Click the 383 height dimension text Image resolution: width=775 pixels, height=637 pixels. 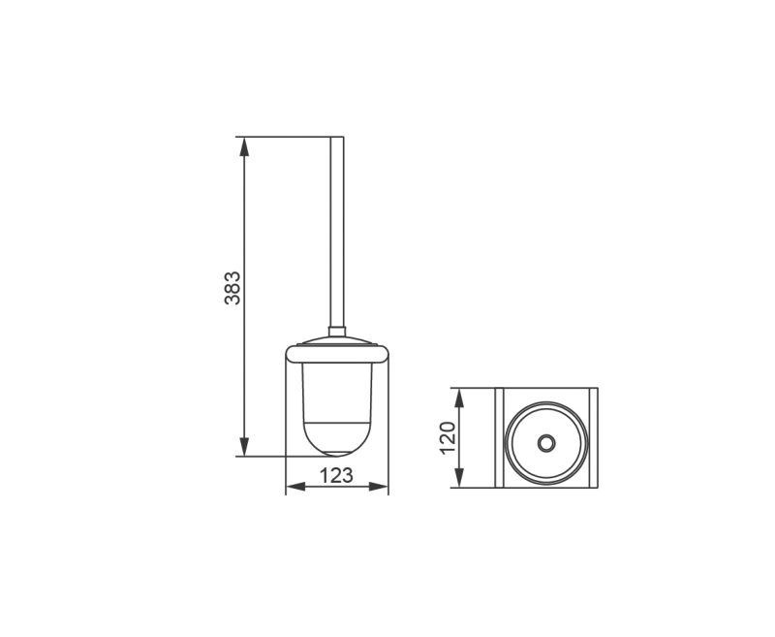point(232,288)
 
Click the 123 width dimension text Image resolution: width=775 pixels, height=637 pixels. point(336,475)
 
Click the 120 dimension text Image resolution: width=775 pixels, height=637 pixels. point(448,437)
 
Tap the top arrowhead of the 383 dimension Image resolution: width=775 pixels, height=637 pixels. point(244,146)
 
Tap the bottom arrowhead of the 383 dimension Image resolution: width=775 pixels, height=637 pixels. point(244,447)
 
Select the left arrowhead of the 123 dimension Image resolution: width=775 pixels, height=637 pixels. point(295,487)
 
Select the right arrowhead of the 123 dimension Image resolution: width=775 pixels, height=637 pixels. point(379,487)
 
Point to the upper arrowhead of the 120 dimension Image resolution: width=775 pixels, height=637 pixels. point(459,398)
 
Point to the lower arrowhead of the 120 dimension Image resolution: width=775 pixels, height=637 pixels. point(459,478)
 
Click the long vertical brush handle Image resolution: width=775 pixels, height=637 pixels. point(336,232)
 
